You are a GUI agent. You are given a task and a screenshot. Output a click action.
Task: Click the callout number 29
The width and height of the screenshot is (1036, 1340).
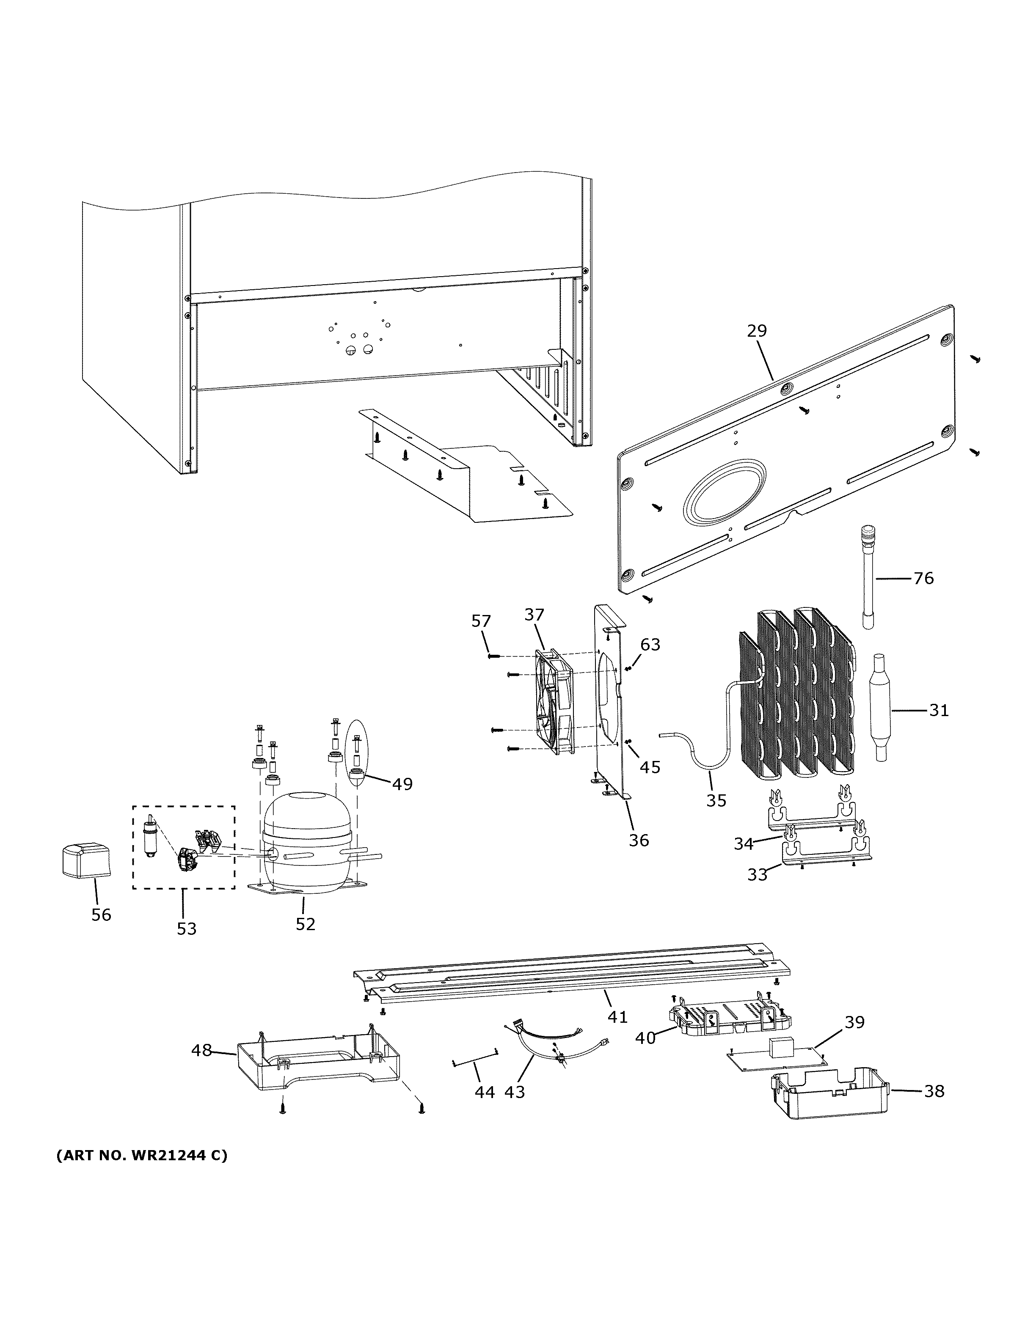[757, 331]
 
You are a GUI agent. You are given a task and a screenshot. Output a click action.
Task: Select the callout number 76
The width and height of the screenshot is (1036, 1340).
[923, 578]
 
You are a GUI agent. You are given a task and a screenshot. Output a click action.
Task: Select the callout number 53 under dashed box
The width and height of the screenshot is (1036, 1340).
[187, 928]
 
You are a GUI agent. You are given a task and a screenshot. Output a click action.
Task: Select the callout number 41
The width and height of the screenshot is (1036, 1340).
[617, 1017]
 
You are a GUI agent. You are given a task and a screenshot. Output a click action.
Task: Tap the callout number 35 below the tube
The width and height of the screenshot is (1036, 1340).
[716, 800]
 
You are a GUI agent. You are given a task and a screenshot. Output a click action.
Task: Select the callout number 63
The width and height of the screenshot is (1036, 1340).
[650, 644]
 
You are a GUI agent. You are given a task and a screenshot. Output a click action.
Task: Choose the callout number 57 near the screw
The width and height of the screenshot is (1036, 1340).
[481, 621]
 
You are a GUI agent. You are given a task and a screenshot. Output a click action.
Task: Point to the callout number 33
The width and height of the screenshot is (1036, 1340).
[758, 874]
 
